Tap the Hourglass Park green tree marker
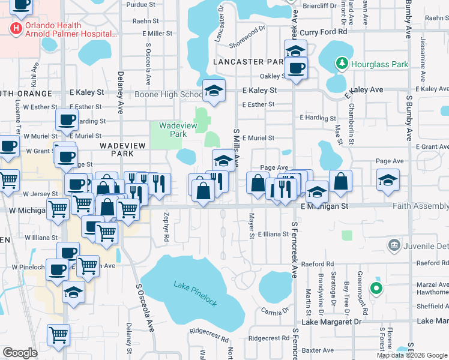click(342, 63)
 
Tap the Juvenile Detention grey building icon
click(394, 244)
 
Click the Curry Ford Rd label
click(324, 31)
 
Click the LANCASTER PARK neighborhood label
click(248, 61)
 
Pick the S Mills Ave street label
click(237, 147)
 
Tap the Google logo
click(20, 352)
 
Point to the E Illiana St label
click(274, 235)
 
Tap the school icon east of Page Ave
click(388, 179)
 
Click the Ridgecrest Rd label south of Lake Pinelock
click(209, 331)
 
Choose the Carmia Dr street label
click(276, 311)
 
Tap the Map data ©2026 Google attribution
click(412, 355)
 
